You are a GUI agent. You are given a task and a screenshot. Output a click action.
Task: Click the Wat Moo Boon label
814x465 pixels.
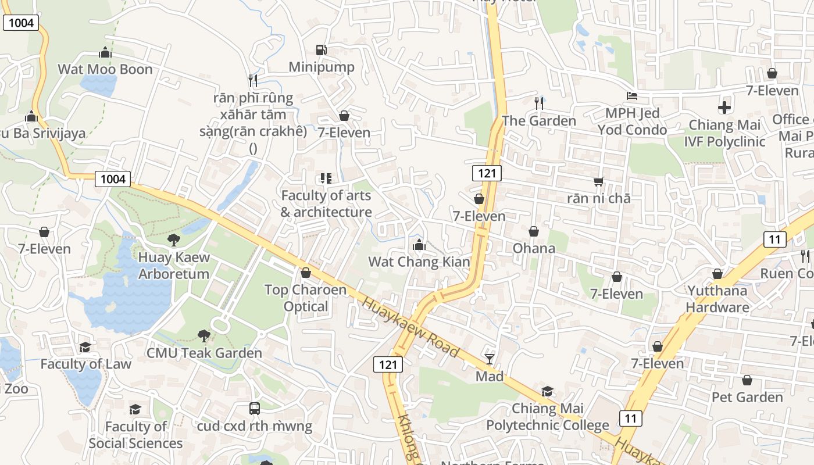tap(105, 69)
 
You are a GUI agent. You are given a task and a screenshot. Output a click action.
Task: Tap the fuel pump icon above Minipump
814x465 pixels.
tap(321, 50)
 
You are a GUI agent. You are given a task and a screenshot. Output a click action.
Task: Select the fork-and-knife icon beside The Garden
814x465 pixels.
tap(539, 103)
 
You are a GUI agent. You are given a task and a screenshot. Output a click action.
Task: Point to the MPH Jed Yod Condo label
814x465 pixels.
tap(633, 121)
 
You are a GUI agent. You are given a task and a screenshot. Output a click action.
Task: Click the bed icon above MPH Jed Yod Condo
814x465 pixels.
tap(632, 96)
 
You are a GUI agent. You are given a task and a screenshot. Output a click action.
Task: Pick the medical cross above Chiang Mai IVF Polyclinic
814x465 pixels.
tap(724, 107)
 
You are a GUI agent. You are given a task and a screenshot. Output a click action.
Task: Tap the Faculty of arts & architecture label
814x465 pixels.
tap(326, 203)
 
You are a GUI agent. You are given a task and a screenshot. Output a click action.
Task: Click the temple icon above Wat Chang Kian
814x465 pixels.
tap(419, 245)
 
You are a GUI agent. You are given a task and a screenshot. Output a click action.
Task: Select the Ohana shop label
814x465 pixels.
tap(534, 248)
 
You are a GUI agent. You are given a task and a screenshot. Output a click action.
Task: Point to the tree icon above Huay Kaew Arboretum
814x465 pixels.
tap(173, 239)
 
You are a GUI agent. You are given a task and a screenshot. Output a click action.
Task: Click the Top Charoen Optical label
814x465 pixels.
tap(305, 298)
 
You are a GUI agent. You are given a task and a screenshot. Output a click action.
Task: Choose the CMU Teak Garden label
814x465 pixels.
tap(204, 353)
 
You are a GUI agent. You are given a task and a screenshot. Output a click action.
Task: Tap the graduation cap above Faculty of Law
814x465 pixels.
tap(85, 347)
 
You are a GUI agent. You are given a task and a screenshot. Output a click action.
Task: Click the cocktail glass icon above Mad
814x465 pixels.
tap(490, 359)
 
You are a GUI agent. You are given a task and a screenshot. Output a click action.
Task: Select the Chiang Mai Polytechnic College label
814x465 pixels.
tap(548, 417)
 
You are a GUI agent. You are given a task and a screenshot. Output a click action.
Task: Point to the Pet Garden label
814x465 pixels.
tap(747, 397)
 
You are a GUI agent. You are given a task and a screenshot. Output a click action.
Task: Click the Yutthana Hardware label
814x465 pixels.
tap(717, 299)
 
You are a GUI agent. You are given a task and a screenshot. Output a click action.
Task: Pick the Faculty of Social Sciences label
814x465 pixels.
tap(135, 435)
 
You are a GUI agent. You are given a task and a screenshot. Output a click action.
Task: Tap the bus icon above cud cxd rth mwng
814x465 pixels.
tap(254, 409)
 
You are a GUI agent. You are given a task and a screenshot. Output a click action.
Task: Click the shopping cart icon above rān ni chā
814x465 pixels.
tap(599, 181)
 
